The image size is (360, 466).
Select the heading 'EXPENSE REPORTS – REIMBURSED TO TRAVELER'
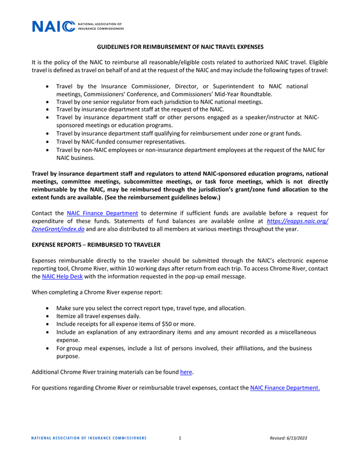(96, 245)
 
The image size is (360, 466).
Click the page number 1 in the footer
(179, 438)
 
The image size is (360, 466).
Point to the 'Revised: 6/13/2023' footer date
(288, 438)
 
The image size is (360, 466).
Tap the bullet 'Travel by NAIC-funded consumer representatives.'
(121, 142)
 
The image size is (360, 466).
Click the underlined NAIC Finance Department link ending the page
(285, 387)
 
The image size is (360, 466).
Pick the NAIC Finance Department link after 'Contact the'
(102, 213)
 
